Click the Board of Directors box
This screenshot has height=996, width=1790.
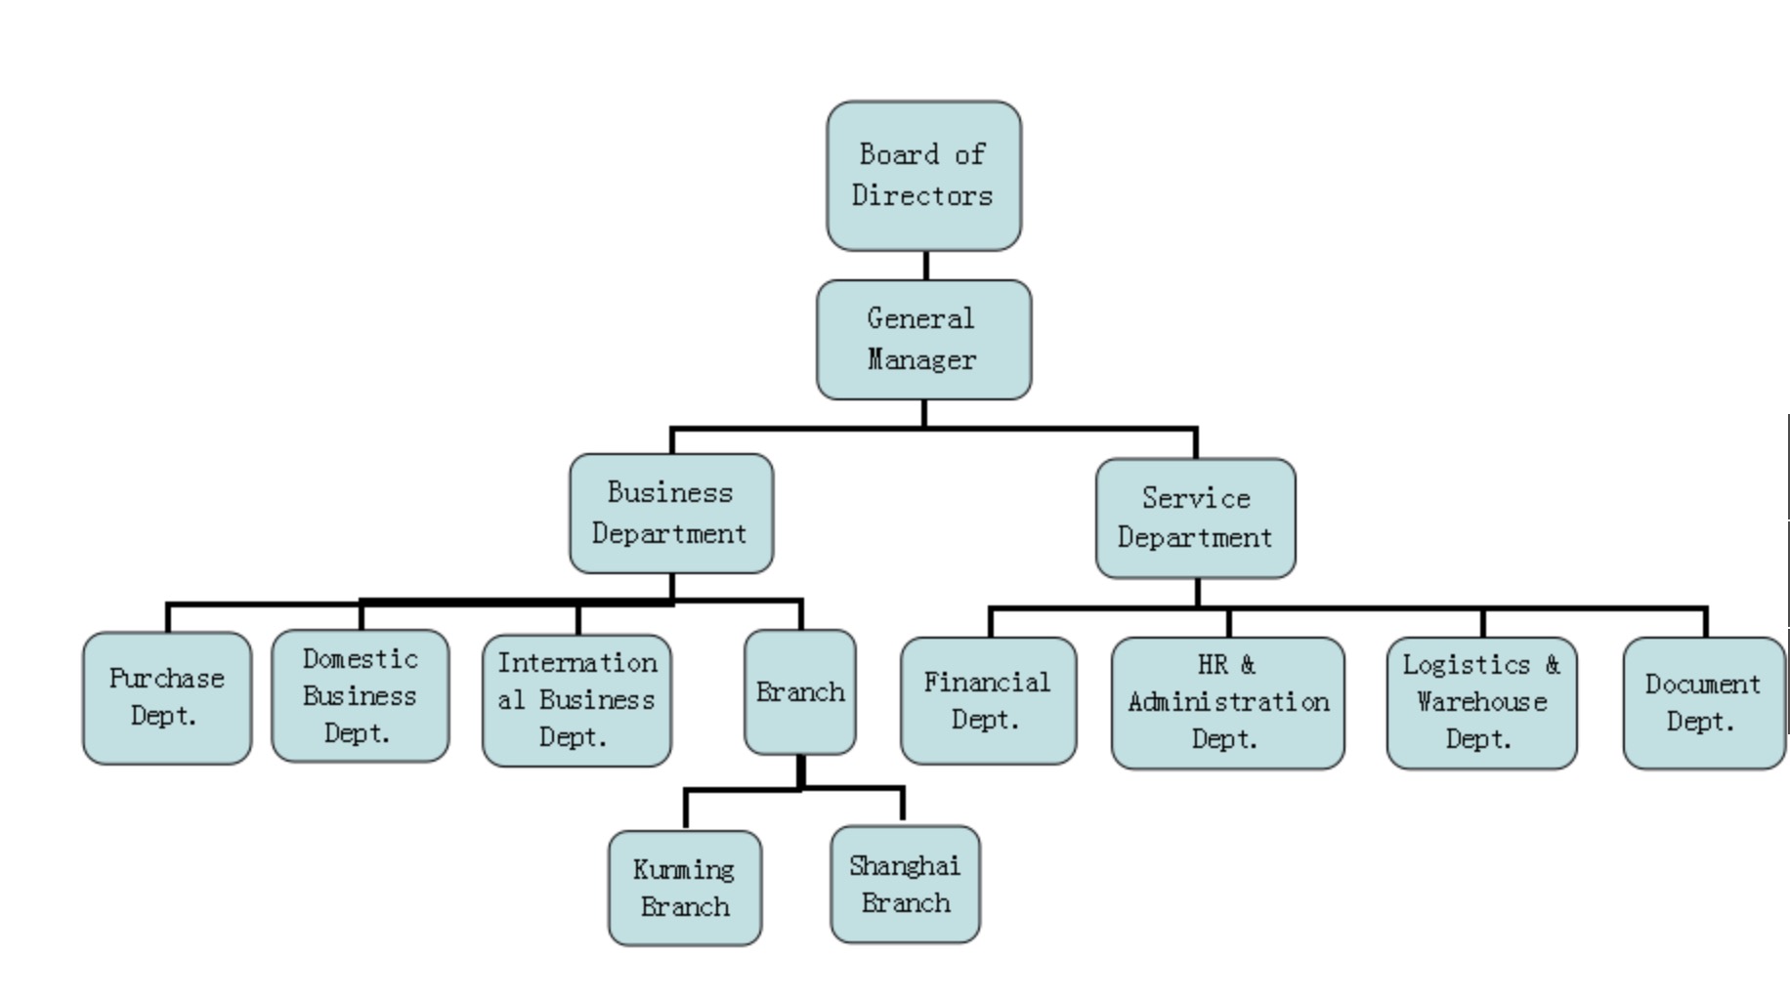[923, 176]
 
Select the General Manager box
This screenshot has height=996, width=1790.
[923, 340]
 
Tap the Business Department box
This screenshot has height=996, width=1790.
[671, 514]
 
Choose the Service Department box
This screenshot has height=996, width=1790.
[1195, 519]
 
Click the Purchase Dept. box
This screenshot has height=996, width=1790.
[167, 698]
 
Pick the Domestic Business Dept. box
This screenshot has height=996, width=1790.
[361, 696]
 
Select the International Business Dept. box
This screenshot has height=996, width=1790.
[576, 700]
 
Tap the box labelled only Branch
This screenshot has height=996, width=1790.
[800, 692]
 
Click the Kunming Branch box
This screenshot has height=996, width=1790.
[684, 889]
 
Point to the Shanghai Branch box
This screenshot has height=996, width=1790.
[905, 885]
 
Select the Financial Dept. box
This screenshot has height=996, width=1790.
[988, 701]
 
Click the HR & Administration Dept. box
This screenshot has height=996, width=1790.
[1227, 703]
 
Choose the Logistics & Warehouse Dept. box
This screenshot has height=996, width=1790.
[1481, 703]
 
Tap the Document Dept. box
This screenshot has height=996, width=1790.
[1703, 703]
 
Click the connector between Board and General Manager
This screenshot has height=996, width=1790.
[925, 266]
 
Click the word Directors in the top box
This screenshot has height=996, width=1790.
[922, 195]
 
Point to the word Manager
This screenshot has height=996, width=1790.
[921, 360]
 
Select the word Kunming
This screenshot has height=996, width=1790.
[683, 869]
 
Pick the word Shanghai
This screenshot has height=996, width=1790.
[905, 866]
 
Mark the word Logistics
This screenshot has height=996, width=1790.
[1466, 665]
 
